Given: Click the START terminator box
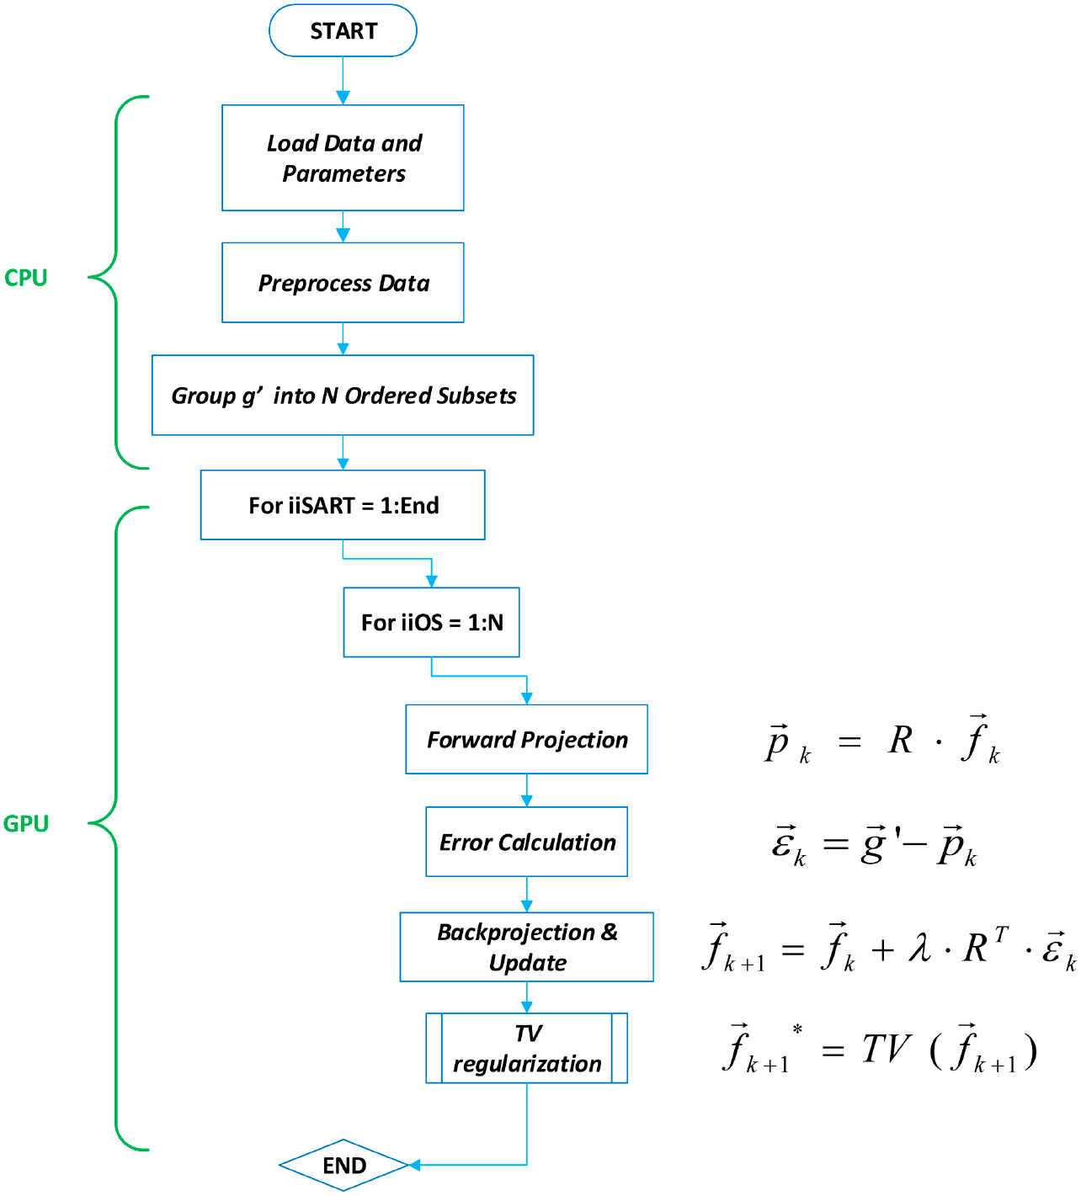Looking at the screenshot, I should (x=343, y=31).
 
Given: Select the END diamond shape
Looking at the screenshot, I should (x=343, y=1166).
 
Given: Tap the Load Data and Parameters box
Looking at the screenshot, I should (x=343, y=158).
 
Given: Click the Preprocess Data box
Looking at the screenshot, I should (x=343, y=283).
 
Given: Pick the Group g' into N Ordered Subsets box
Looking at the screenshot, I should (x=343, y=396).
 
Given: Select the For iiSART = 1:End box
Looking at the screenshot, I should (x=343, y=505).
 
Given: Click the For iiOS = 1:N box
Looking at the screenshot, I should (x=431, y=623).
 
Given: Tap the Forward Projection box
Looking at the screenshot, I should (x=526, y=740).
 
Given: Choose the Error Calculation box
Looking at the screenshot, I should (x=526, y=843).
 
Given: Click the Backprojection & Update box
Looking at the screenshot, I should (x=526, y=947).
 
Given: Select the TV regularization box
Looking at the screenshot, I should (x=526, y=1049).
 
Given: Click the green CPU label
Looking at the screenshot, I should (x=26, y=278).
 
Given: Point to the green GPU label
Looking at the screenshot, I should (x=26, y=824).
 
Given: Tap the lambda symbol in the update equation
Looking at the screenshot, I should (x=919, y=949).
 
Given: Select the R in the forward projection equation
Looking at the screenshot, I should (x=900, y=741).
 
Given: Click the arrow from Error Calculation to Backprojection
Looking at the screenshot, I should (x=526, y=895).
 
